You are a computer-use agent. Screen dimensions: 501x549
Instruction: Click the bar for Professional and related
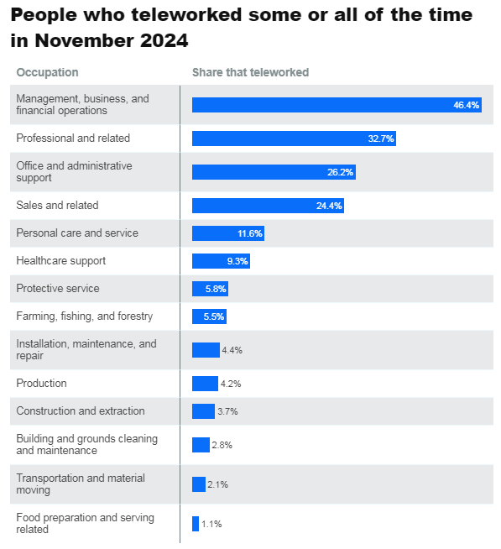tap(294, 139)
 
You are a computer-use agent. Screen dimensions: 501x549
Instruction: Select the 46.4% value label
tap(466, 105)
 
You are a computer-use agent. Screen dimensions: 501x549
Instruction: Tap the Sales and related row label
tap(57, 205)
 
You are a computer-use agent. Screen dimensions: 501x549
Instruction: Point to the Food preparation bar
tap(196, 524)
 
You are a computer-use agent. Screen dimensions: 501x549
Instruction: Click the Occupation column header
tap(47, 72)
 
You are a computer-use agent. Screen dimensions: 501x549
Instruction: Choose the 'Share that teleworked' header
tap(250, 72)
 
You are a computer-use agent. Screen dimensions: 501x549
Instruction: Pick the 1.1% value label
tap(211, 524)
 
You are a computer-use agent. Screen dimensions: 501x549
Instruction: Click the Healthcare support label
tap(61, 261)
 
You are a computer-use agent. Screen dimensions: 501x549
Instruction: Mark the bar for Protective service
tap(210, 289)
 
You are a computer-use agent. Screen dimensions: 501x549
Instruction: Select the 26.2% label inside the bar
tap(340, 172)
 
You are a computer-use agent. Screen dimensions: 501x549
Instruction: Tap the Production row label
tap(41, 383)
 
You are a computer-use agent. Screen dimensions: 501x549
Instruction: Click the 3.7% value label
tap(227, 411)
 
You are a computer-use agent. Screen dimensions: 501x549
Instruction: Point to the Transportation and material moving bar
tap(199, 484)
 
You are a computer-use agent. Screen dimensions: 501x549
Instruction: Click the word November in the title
tap(85, 40)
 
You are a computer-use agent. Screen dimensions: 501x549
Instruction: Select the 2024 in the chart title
tap(164, 40)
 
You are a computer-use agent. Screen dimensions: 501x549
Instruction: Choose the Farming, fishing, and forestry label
tap(85, 316)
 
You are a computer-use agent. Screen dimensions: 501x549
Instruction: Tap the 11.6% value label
tap(249, 233)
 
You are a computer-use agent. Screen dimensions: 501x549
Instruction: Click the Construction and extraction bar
tap(203, 411)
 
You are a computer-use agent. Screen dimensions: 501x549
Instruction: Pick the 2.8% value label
tap(222, 445)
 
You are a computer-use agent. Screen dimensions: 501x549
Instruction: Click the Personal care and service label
tap(77, 233)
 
